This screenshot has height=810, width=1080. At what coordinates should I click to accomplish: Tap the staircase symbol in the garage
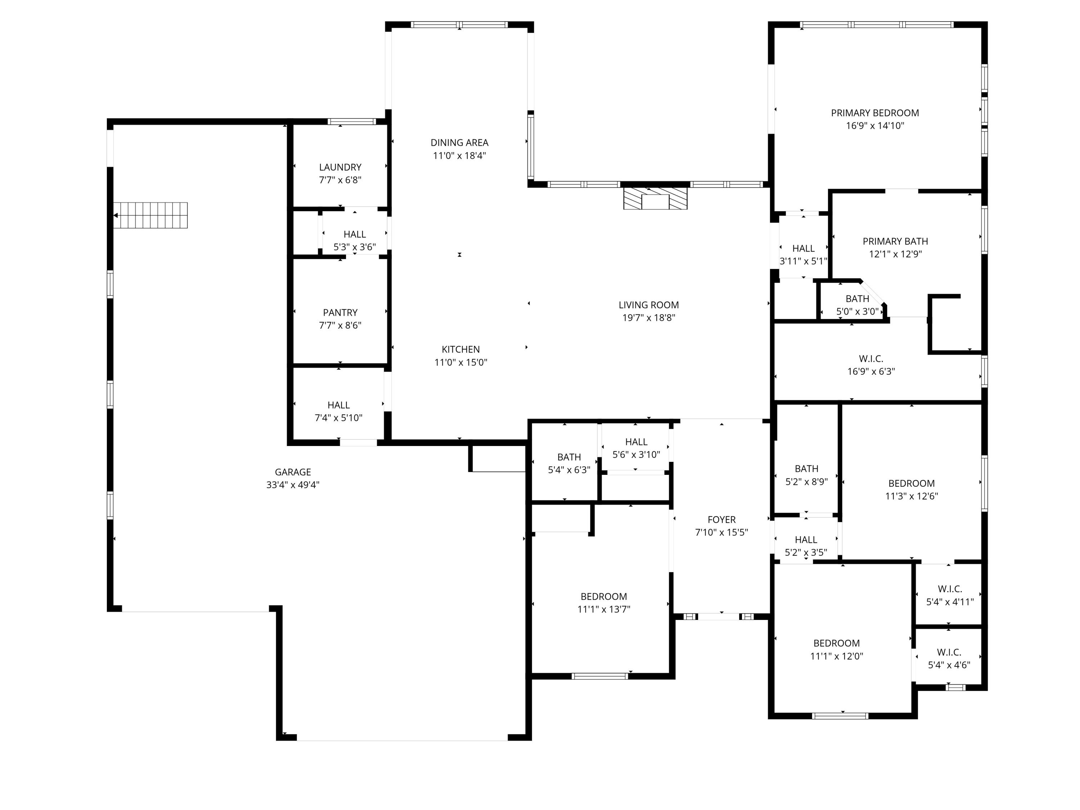[151, 215]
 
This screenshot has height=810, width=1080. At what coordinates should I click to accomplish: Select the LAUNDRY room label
[340, 167]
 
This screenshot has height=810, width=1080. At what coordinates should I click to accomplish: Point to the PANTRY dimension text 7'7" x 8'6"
[340, 325]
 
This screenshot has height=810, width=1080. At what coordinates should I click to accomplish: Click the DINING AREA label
[459, 143]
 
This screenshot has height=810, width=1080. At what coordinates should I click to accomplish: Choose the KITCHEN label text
[460, 349]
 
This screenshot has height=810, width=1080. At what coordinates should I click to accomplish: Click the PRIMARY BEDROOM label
[874, 113]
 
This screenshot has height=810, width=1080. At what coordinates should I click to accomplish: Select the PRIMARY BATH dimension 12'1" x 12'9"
[895, 254]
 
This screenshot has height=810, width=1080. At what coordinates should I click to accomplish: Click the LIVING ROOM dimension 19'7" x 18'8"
[648, 318]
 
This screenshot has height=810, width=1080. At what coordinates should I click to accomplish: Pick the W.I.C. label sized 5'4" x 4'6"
[949, 652]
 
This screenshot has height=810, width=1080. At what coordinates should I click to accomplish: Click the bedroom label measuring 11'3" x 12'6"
[911, 483]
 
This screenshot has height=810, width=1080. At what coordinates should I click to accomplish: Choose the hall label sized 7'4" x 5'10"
[338, 405]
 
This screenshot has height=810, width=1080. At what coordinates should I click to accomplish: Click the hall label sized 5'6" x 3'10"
[636, 442]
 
